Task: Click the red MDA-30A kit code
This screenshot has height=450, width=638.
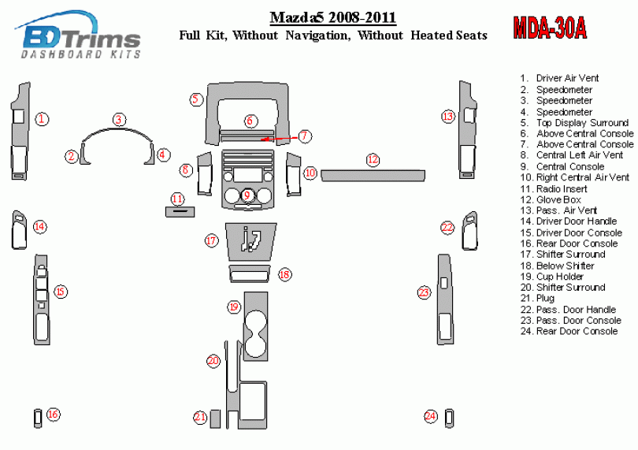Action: [550, 28]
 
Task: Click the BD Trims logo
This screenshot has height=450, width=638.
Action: [78, 35]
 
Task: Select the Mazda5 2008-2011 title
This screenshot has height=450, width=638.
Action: [333, 17]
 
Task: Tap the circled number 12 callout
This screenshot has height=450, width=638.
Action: [373, 160]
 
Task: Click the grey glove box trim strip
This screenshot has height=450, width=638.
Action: [373, 176]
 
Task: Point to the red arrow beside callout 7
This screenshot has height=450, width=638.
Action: [280, 139]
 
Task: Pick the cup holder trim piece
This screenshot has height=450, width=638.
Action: [255, 326]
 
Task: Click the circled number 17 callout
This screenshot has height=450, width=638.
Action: [212, 240]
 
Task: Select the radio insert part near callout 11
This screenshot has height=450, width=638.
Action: [180, 212]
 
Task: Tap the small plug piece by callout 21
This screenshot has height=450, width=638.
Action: [215, 418]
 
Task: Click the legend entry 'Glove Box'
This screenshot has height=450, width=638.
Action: [551, 199]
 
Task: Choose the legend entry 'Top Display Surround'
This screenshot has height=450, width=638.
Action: [574, 123]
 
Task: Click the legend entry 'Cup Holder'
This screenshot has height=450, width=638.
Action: [551, 277]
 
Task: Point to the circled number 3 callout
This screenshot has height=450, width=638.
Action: [119, 120]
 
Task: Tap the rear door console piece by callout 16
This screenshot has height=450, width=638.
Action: [38, 418]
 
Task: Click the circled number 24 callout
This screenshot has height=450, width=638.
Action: [431, 416]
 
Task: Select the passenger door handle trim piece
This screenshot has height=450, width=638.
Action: [469, 230]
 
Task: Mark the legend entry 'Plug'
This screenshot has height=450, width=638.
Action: [537, 298]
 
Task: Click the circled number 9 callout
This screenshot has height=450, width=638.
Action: [247, 195]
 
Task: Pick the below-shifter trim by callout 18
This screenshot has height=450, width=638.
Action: [249, 273]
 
